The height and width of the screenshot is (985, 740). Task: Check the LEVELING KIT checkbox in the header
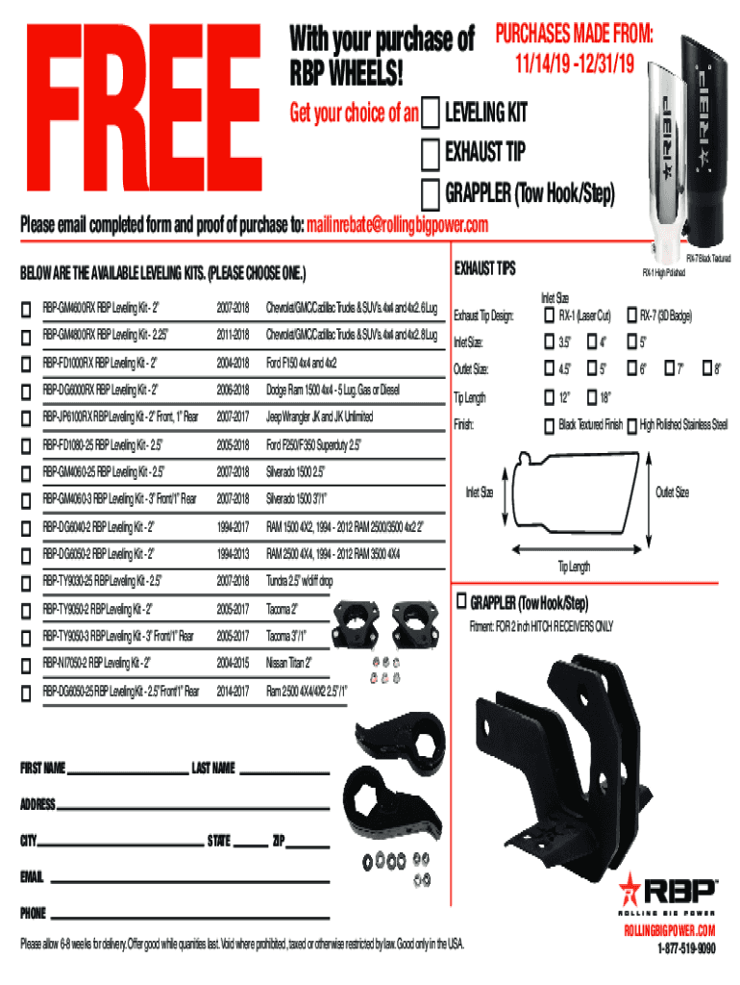(x=432, y=113)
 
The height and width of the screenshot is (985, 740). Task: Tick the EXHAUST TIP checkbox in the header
(x=432, y=152)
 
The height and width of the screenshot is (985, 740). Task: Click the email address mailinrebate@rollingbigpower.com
(x=397, y=225)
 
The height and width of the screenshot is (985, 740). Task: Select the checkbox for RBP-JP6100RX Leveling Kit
(x=27, y=418)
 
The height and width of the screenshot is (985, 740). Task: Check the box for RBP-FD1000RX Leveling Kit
(x=27, y=365)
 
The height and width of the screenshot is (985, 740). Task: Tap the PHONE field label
(x=34, y=912)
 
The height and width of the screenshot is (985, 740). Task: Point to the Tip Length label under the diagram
(x=575, y=567)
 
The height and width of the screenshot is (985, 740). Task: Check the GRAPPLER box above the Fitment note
(x=460, y=601)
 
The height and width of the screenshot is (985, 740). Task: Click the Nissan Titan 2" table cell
(x=288, y=663)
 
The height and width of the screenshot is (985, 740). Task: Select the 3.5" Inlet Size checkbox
(x=550, y=341)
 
